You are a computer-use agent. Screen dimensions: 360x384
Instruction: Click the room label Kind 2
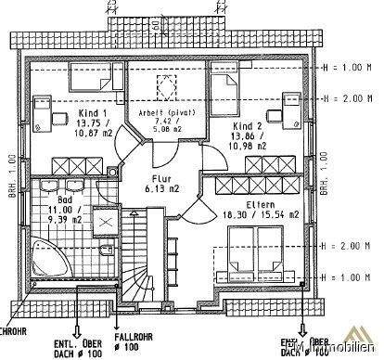coord(247,125)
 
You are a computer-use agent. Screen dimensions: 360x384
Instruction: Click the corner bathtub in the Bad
coord(49,256)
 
